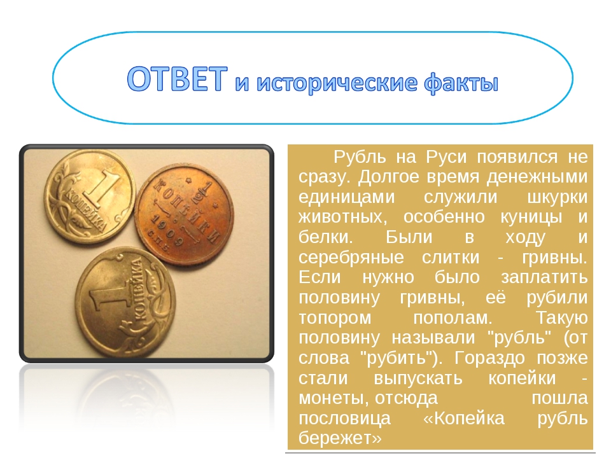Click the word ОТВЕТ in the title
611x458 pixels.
pos(178,79)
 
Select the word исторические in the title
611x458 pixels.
pos(337,83)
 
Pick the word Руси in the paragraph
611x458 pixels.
pos(446,157)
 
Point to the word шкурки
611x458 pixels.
pos(557,197)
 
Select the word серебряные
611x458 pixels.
pos(351,258)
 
